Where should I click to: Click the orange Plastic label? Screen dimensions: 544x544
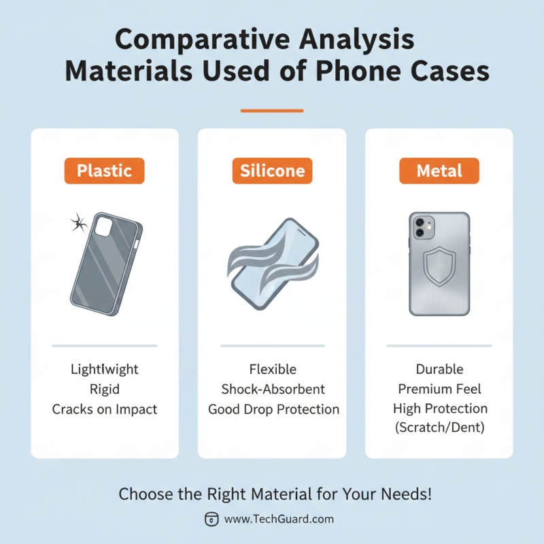[105, 171]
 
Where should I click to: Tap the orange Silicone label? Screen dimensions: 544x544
[272, 171]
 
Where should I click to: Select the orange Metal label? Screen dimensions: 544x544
[439, 171]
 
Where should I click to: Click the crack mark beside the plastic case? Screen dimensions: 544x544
[79, 222]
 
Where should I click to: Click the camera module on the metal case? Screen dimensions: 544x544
[419, 227]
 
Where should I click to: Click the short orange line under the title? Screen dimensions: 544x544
[272, 110]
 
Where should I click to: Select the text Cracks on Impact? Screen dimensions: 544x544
[105, 409]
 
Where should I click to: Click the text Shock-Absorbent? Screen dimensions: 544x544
[273, 390]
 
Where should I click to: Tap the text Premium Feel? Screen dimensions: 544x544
[439, 390]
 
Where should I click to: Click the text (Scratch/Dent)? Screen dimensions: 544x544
[439, 429]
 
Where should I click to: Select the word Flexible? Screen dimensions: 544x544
[273, 370]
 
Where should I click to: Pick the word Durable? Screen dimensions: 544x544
[439, 370]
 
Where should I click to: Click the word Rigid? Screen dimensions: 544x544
[105, 390]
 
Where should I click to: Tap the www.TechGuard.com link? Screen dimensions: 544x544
[279, 519]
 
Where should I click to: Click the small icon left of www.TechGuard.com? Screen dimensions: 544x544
[211, 519]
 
